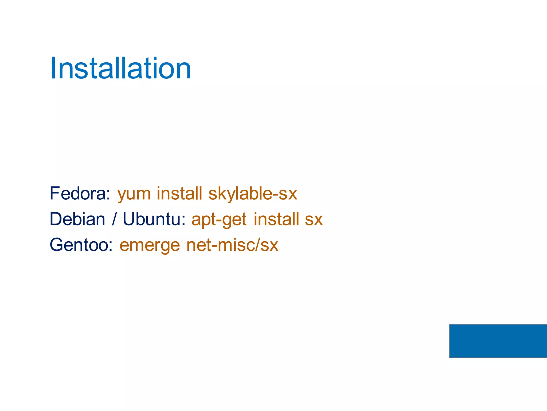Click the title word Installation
(x=120, y=68)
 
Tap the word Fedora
(x=78, y=193)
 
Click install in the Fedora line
(x=179, y=193)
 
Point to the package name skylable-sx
(x=253, y=194)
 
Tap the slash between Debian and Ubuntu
(x=114, y=219)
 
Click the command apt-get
(x=219, y=220)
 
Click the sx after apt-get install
(x=314, y=220)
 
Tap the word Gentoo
(x=79, y=245)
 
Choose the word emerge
(x=150, y=246)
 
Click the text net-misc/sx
(x=232, y=245)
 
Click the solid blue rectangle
(x=498, y=341)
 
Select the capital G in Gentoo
(x=57, y=245)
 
